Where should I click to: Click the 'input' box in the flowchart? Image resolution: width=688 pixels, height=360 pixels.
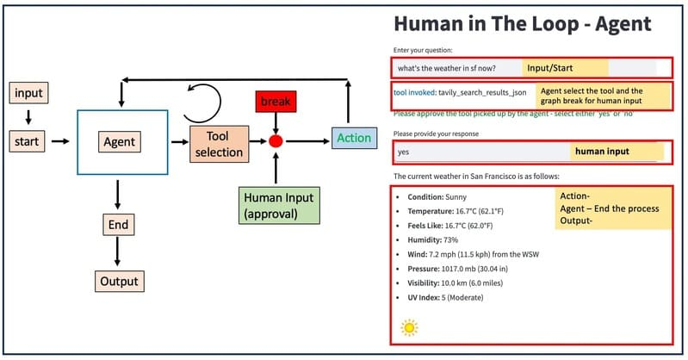click(28, 92)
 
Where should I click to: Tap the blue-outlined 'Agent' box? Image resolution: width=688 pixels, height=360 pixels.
click(121, 140)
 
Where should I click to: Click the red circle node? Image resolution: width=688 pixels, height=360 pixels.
click(276, 140)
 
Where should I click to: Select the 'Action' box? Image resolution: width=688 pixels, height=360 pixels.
click(354, 138)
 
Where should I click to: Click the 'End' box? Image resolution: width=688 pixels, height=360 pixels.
click(118, 226)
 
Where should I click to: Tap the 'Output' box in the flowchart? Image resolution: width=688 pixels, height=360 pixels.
click(117, 281)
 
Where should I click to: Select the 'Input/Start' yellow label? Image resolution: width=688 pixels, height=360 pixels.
click(564, 68)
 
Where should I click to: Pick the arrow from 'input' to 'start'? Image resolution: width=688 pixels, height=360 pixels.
click(28, 115)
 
